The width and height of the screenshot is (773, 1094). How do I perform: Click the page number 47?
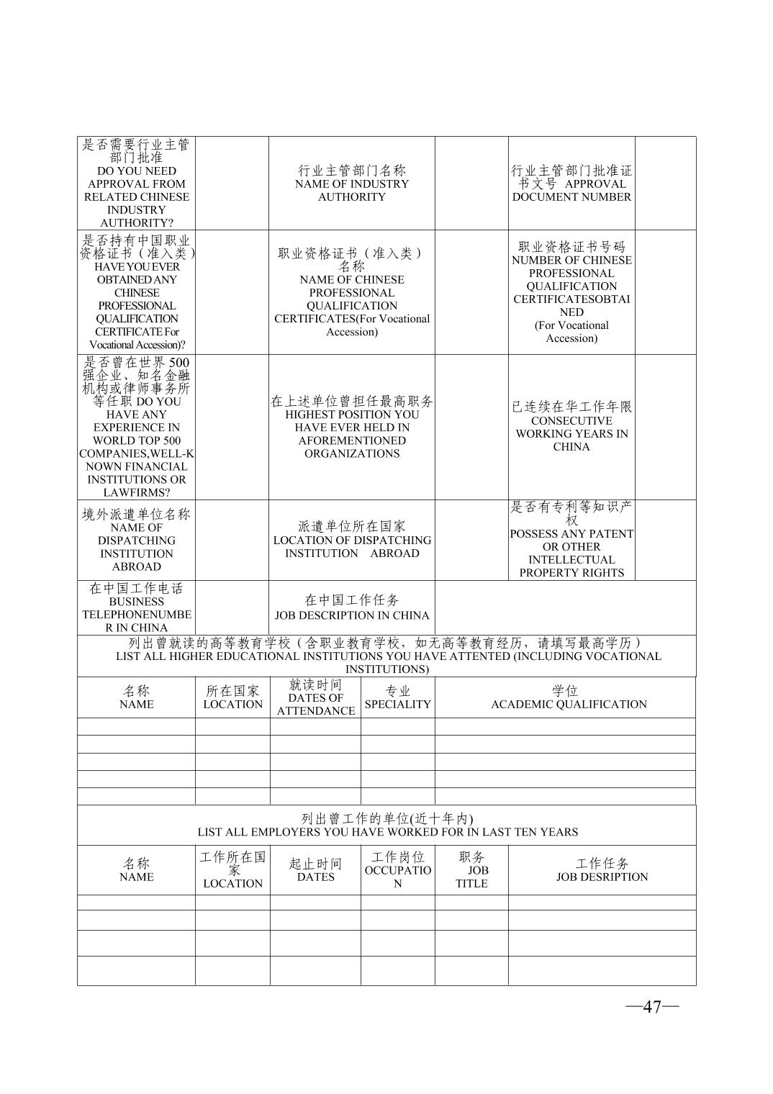[x=652, y=1006]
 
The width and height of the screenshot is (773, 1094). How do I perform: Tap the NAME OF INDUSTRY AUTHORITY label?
[x=352, y=184]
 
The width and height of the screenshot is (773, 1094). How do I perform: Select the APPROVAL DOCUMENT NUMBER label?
[x=571, y=191]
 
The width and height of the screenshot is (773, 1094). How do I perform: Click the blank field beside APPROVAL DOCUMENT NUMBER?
[x=665, y=184]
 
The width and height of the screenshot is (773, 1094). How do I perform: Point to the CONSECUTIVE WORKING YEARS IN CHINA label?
[x=571, y=433]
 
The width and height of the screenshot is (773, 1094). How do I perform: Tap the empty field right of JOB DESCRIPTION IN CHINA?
[x=565, y=608]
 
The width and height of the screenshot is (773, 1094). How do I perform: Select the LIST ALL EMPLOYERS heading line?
[x=387, y=832]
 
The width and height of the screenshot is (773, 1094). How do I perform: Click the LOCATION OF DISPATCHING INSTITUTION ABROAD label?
[x=352, y=547]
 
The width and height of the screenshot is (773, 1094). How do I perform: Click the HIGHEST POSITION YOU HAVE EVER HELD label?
[x=352, y=434]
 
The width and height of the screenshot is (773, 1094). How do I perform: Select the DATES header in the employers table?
[x=316, y=877]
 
